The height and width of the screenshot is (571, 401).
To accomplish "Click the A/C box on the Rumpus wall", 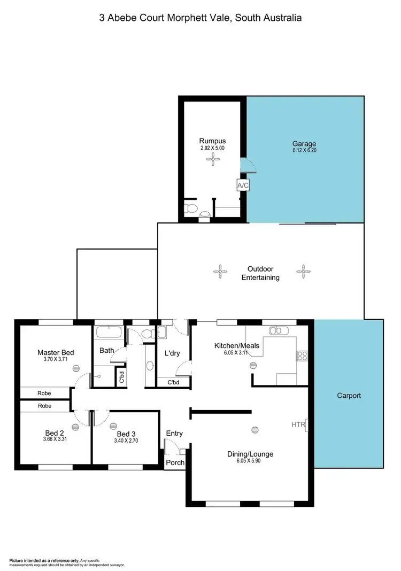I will tap(243, 185).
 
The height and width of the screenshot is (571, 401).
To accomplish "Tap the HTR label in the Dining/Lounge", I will tap(298, 424).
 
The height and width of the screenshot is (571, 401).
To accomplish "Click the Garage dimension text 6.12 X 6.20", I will tap(304, 151).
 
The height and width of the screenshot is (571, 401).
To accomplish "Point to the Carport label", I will tap(349, 396).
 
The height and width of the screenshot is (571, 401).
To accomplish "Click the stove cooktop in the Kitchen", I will tap(302, 354).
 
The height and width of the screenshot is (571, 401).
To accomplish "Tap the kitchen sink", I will tap(278, 330).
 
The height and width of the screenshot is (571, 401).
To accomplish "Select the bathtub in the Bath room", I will tap(109, 334).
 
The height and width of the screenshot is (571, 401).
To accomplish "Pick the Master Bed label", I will tap(56, 352).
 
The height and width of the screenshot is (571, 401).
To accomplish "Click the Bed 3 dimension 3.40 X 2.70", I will tap(127, 441).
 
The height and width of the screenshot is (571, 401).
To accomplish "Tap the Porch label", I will tap(175, 462).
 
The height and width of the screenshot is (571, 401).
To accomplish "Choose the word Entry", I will tap(174, 433).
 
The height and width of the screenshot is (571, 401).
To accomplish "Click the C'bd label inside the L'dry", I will tap(173, 383).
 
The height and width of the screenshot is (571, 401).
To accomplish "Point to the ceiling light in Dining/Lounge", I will tap(255, 429).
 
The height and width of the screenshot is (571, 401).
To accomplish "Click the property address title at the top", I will tap(200, 18).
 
